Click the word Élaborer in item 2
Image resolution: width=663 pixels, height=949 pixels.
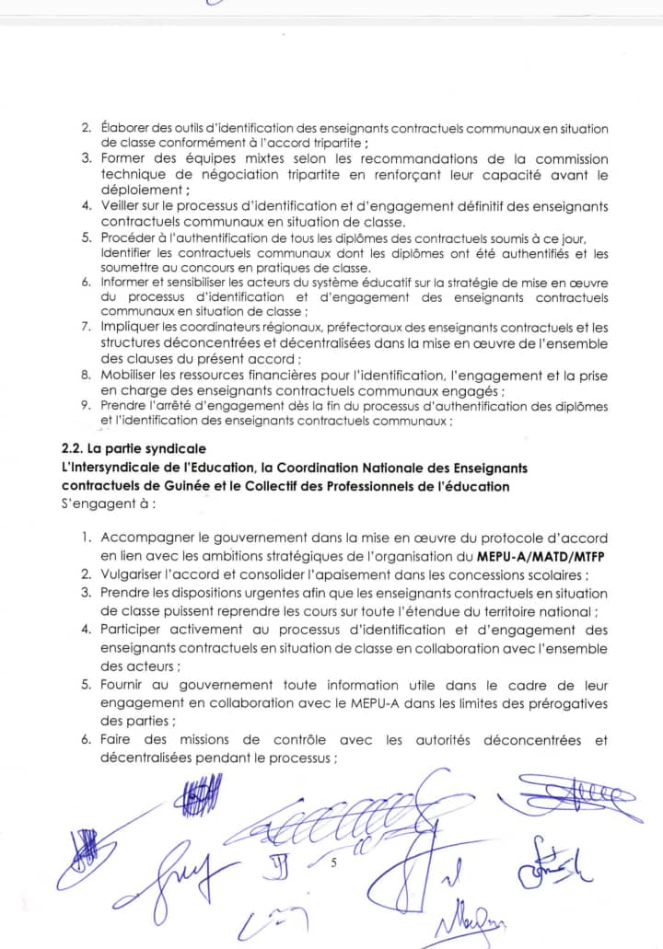click(124, 129)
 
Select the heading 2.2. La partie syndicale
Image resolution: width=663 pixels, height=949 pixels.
click(128, 449)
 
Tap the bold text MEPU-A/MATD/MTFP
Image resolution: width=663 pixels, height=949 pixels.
click(542, 556)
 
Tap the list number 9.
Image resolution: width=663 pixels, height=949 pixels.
click(85, 406)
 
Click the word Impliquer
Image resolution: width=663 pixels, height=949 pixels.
click(130, 327)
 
